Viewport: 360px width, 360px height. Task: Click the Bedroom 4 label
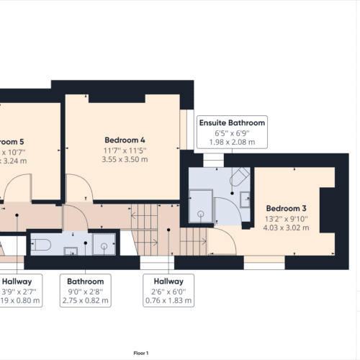tap(125, 139)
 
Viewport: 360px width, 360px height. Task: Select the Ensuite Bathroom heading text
tap(232, 123)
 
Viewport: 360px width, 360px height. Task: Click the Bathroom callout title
tap(86, 282)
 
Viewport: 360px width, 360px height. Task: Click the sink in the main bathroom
tap(72, 251)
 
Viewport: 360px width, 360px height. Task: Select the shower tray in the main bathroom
tap(105, 245)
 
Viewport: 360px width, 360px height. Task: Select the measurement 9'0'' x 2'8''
tap(86, 292)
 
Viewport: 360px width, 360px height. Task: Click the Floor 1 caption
tap(140, 353)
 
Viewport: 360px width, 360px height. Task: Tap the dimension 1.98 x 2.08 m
tap(232, 142)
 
